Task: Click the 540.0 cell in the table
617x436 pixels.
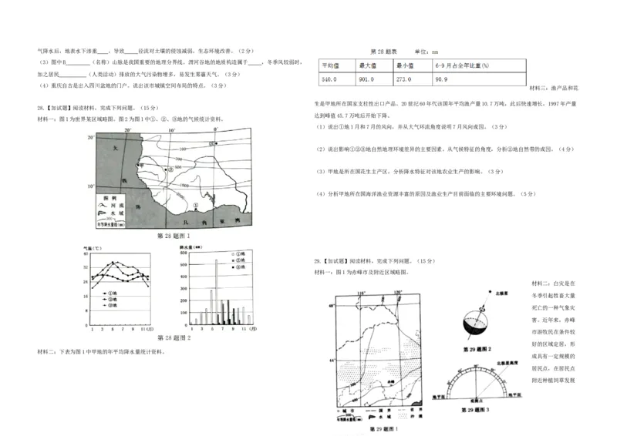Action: pyautogui.click(x=330, y=79)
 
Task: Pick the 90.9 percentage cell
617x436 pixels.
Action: pyautogui.click(x=443, y=79)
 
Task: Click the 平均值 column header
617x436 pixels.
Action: pyautogui.click(x=330, y=65)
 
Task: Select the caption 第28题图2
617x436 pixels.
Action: pyautogui.click(x=174, y=337)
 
